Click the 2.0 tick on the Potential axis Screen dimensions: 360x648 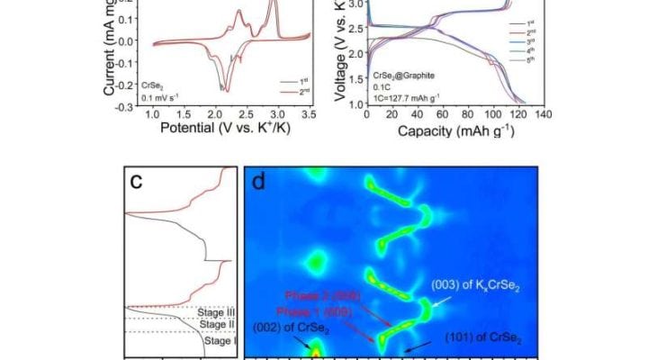pos(215,116)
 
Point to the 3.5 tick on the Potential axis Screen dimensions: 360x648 pos(309,116)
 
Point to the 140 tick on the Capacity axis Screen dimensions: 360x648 pos(544,116)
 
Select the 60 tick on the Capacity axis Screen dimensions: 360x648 pos(442,116)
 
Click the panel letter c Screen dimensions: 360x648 pos(137,181)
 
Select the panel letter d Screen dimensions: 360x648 pos(259,182)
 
